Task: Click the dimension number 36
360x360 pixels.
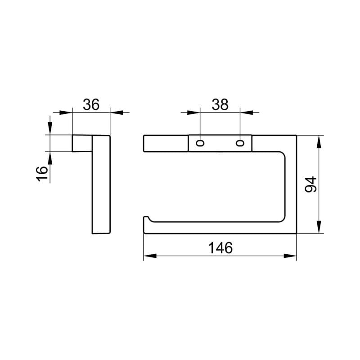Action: pos(91,105)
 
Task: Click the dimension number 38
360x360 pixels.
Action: pos(220,105)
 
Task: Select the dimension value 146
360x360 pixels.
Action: pos(220,248)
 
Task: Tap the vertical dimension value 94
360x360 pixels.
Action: pos(310,184)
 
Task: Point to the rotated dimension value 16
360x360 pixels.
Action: pos(42,174)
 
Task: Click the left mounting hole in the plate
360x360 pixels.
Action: pos(200,144)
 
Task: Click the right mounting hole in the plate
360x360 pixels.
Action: pos(240,144)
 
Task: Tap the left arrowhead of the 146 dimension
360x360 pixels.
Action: pos(150,256)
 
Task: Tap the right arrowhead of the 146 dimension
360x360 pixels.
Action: pos(290,256)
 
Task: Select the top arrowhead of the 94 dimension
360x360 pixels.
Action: pos(319,142)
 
